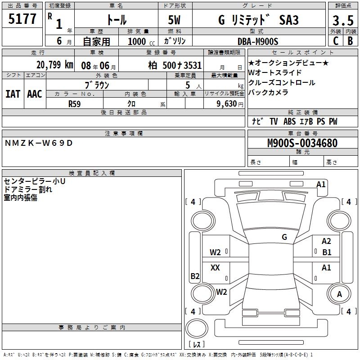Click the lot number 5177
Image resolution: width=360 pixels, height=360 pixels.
point(22,19)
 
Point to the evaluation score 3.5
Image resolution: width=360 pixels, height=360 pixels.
point(342,21)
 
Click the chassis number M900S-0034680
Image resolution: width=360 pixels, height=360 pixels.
point(302,143)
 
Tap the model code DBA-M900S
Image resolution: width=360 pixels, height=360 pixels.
point(258,41)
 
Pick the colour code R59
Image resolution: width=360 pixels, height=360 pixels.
point(75,103)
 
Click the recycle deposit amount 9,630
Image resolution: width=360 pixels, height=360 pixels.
point(223,103)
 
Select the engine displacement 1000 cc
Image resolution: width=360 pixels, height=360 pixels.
point(138,41)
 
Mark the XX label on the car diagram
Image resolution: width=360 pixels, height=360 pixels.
point(215,268)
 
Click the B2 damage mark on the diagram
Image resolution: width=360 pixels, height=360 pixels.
point(195,276)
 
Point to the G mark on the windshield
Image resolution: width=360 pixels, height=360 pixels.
point(284,237)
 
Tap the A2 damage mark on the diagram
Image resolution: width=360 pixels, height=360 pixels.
point(326,242)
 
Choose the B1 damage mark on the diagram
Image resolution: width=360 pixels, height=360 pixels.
point(327,252)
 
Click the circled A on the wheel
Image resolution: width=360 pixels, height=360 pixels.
point(340,294)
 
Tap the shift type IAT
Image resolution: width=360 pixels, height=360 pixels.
point(13,94)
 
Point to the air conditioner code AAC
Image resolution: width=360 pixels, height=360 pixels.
point(34,94)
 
